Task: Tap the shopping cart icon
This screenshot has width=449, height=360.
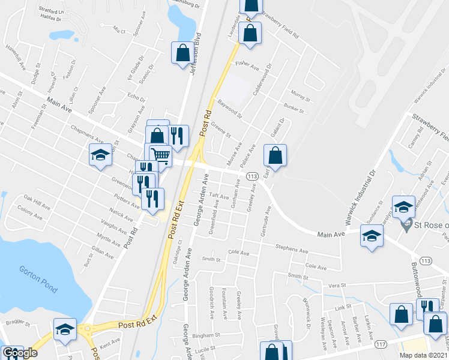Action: (x=160, y=155)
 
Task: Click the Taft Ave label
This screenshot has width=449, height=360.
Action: (x=220, y=196)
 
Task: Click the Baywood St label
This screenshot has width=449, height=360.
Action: (x=230, y=109)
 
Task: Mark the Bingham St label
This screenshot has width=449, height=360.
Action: (x=212, y=337)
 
